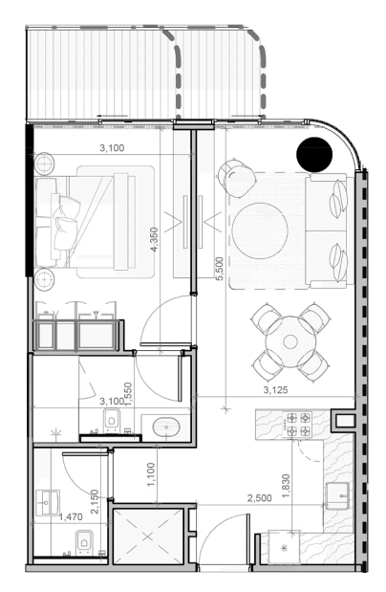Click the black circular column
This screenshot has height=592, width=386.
[314, 154]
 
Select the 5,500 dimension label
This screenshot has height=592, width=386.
[219, 269]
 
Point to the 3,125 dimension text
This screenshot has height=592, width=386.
[275, 390]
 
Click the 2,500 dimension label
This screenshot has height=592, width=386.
[260, 498]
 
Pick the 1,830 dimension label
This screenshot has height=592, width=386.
[286, 486]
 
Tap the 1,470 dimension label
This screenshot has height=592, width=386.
[71, 516]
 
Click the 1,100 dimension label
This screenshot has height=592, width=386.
[151, 474]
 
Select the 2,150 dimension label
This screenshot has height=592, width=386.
[95, 502]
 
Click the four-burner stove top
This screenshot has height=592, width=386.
[298, 425]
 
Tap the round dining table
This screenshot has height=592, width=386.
[290, 341]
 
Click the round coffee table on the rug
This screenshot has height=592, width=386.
[260, 230]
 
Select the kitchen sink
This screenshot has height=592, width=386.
[337, 495]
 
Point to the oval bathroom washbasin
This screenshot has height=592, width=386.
[166, 428]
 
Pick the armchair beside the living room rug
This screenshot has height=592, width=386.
[237, 178]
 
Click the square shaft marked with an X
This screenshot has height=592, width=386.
[147, 537]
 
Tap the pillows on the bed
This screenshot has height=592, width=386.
[64, 223]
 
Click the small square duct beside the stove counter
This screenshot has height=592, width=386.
[344, 421]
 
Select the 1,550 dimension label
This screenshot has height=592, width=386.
[128, 395]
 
